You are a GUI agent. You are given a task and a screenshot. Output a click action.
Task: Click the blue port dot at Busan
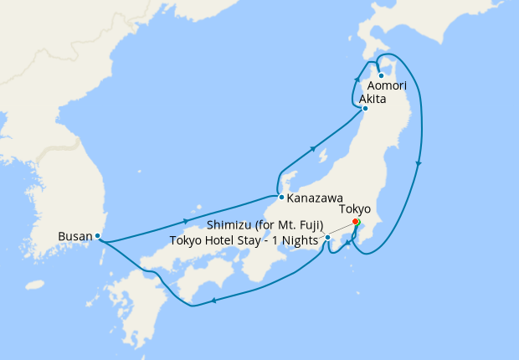(x=98, y=236)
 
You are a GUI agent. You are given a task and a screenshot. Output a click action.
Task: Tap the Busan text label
(x=75, y=236)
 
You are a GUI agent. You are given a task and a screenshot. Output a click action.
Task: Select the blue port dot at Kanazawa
(x=281, y=198)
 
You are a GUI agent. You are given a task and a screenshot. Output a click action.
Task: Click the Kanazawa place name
(x=313, y=199)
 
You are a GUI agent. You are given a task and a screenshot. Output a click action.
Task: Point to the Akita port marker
(x=365, y=108)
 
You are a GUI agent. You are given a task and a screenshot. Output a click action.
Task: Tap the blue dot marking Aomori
(x=381, y=75)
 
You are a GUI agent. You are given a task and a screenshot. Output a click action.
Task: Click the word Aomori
(x=387, y=86)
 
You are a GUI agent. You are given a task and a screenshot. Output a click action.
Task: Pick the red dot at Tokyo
(x=356, y=221)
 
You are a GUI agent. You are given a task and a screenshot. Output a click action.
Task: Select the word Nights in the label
(x=298, y=240)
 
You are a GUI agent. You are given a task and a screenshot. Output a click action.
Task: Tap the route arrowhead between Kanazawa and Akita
(x=313, y=149)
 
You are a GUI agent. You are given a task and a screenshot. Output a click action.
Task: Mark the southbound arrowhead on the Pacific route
(x=418, y=162)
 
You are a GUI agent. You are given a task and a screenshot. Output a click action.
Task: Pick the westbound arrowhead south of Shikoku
(x=214, y=301)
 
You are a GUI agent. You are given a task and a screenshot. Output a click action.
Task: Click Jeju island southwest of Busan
(x=34, y=285)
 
